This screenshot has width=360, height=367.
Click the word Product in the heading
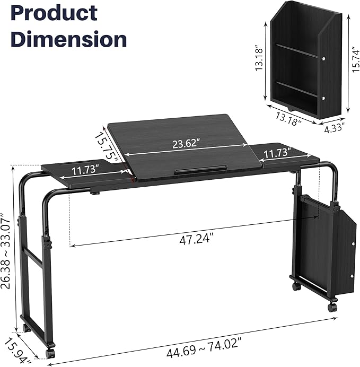[54, 14]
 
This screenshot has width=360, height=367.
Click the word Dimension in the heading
[69, 39]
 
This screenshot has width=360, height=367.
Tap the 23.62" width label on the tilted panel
[186, 143]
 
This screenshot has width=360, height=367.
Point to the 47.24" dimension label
[197, 239]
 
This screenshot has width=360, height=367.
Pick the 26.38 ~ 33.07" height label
[6, 251]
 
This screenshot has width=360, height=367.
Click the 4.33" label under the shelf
[335, 128]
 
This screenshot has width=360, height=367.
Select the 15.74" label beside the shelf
[355, 60]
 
